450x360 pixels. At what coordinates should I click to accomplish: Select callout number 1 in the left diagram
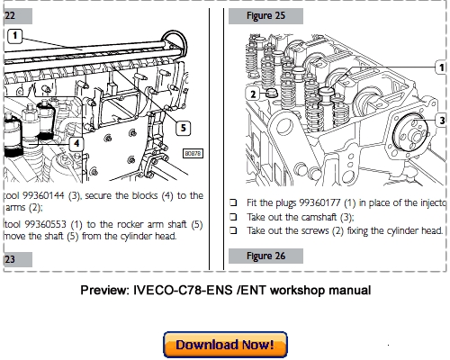(15, 36)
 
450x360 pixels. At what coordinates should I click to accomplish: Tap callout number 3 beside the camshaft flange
(441, 119)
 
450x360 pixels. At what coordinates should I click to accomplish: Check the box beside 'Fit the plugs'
(232, 203)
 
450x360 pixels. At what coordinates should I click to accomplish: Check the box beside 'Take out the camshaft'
(232, 217)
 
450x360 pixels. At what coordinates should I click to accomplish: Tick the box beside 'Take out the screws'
(232, 231)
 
